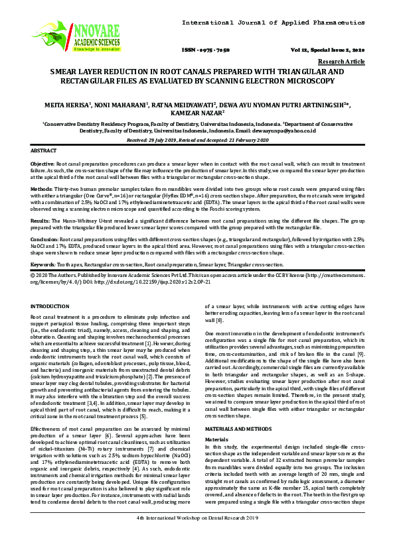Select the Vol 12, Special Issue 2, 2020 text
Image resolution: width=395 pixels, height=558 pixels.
(328, 50)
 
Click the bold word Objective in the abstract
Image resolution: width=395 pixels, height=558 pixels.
(43, 162)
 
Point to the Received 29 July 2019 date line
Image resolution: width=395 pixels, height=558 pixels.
(197, 140)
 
